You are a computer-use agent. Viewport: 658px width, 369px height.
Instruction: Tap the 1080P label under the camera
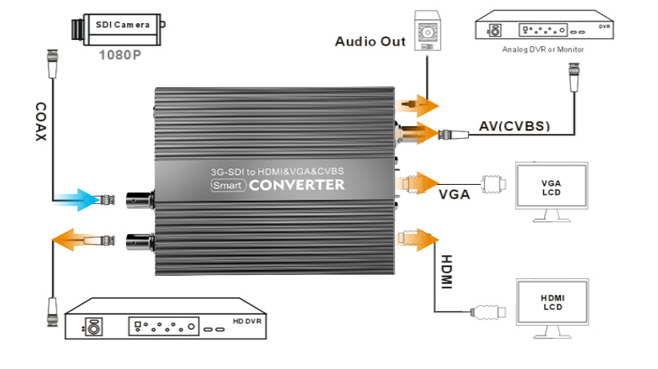click(x=119, y=56)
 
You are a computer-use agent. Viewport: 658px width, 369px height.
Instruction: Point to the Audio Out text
click(x=370, y=41)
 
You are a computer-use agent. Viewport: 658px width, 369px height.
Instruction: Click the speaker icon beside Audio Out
click(x=428, y=31)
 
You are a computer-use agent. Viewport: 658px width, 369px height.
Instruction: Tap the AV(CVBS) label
click(x=514, y=126)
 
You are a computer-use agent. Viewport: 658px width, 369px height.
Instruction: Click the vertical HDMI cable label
click(x=446, y=272)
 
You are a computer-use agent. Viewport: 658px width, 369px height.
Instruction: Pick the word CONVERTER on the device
click(x=297, y=186)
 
